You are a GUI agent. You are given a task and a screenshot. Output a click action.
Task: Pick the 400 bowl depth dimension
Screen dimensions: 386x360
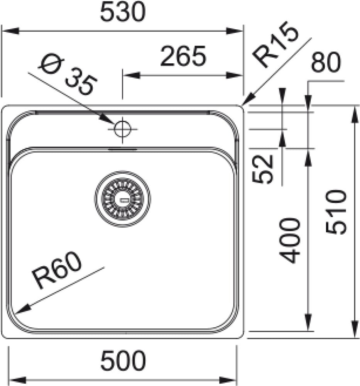(x=290, y=240)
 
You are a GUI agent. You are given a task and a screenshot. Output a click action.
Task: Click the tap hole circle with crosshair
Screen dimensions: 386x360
(x=123, y=128)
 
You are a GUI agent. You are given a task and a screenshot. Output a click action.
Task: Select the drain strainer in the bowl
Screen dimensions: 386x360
(x=122, y=199)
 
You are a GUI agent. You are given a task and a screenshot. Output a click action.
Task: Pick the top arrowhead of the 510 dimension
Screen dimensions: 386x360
(x=354, y=113)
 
